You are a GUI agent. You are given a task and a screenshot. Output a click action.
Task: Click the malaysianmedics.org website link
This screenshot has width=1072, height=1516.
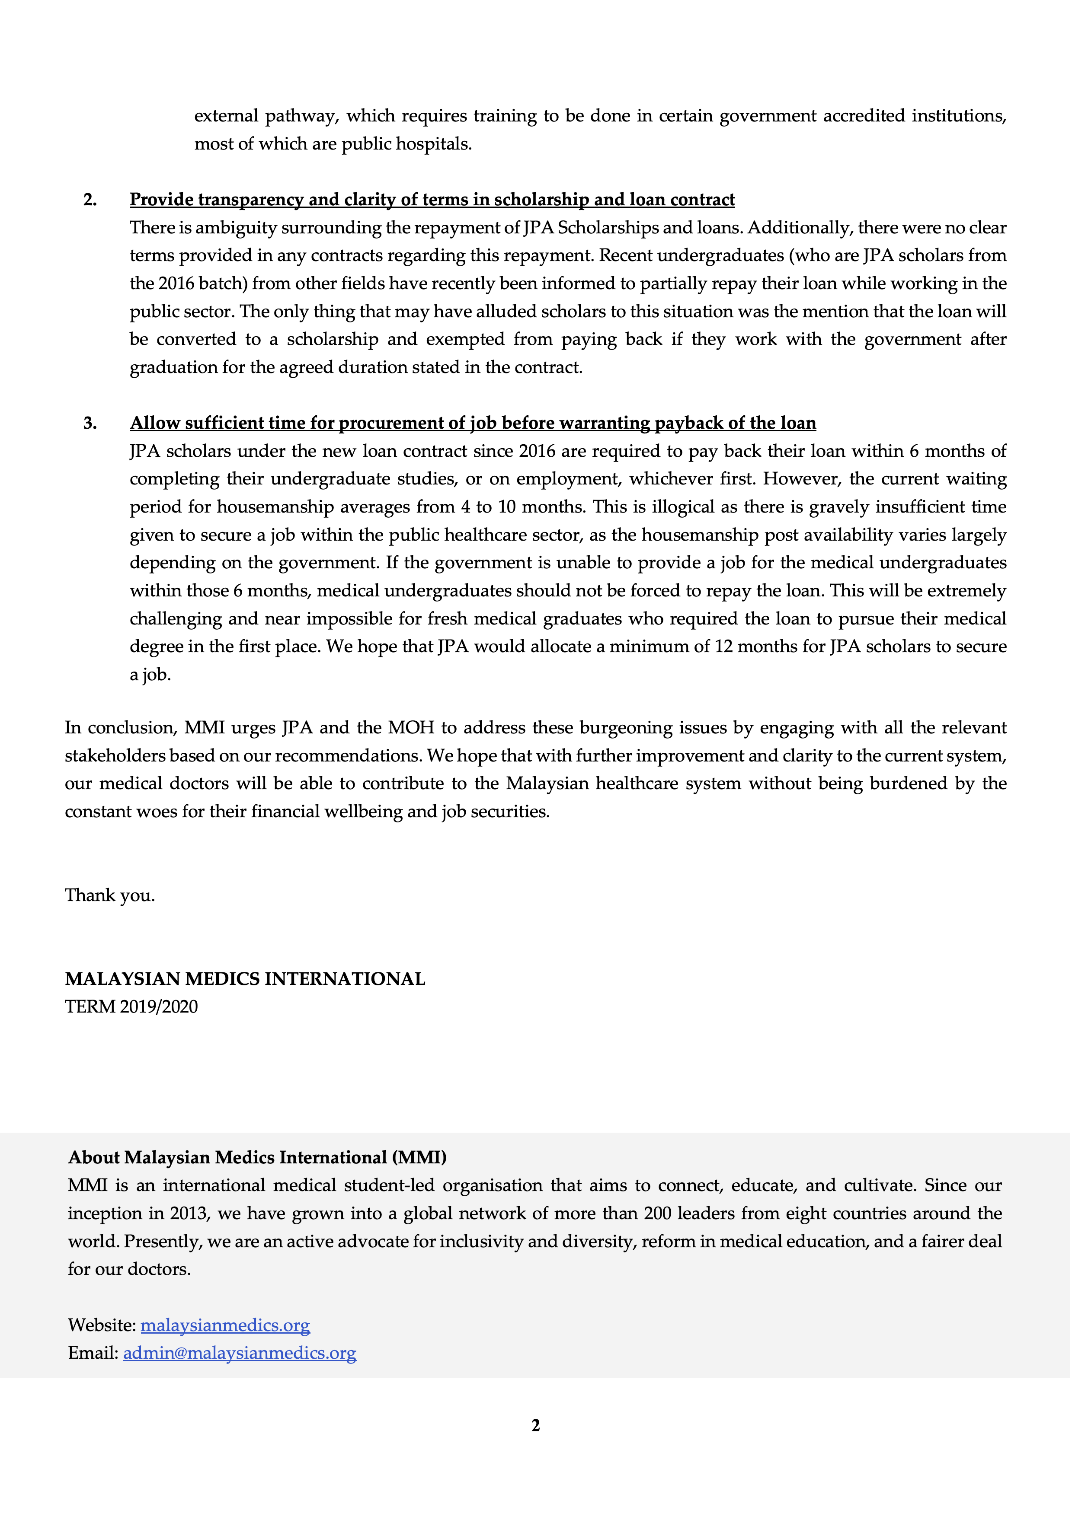225,1325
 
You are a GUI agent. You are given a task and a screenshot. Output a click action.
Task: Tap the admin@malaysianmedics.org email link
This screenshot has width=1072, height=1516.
239,1353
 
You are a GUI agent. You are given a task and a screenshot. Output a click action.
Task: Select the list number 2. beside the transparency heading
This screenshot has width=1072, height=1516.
90,199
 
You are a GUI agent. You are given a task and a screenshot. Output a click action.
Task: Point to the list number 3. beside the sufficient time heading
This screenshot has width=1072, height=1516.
90,423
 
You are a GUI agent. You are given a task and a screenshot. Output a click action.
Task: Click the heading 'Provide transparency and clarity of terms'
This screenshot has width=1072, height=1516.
432,199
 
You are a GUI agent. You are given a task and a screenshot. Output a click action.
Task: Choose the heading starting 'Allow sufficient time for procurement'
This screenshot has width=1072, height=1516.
472,423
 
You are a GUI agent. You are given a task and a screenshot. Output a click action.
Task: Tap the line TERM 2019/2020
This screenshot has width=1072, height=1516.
131,1006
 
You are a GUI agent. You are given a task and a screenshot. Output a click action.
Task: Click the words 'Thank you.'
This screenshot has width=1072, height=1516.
110,895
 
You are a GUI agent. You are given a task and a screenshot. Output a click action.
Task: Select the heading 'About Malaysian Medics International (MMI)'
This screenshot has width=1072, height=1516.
257,1157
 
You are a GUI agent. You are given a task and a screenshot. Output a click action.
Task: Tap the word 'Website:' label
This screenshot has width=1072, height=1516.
102,1325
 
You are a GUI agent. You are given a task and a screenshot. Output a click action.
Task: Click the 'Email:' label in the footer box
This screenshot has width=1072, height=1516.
93,1353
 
